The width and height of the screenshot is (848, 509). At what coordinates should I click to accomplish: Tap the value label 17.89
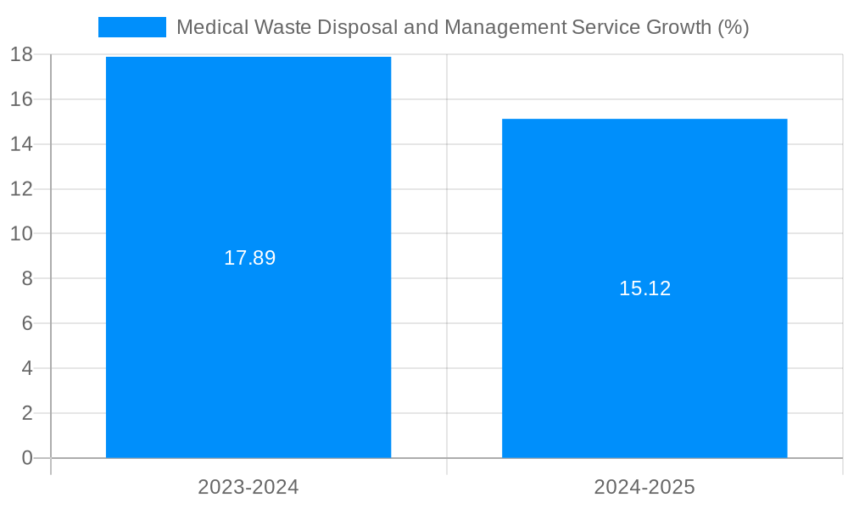coord(249,258)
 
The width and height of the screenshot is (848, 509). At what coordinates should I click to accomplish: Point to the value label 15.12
coord(644,288)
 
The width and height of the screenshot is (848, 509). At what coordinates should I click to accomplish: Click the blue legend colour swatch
coord(132,27)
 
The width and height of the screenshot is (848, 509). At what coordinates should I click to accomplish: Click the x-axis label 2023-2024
coord(248,487)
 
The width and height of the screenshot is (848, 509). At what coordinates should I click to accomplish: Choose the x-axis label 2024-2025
coord(644,487)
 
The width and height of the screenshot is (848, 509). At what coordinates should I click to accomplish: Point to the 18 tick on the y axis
coord(21,55)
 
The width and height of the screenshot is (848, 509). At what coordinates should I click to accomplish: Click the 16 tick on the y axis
coord(21,99)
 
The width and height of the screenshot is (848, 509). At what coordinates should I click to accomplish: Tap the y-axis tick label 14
coord(21,144)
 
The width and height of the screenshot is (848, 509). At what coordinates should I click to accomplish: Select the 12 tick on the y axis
coord(21,189)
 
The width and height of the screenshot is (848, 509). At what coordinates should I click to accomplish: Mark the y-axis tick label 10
coord(21,233)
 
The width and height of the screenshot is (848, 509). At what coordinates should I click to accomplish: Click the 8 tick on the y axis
coord(26,278)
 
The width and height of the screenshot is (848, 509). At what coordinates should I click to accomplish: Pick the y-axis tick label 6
coord(26,323)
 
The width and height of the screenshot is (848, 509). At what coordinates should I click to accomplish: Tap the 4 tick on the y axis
coord(26,368)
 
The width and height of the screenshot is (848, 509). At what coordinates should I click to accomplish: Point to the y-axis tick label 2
coord(26,413)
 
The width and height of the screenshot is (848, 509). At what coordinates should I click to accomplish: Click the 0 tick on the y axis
coord(26,458)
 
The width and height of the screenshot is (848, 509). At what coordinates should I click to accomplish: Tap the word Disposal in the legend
coord(357,27)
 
